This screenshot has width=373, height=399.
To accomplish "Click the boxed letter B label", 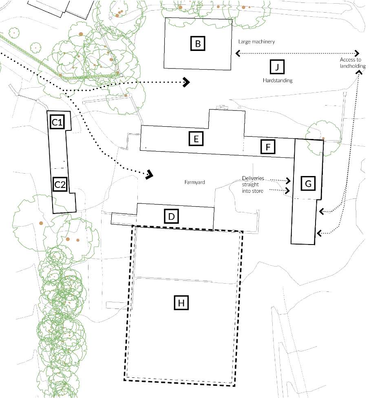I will point(198,44).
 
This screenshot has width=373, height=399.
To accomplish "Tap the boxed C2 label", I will point(60,184).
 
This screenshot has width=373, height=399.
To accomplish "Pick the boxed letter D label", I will point(172,216).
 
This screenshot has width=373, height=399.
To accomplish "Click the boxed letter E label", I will point(196,139).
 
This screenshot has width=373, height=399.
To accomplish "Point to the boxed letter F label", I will point(268,147).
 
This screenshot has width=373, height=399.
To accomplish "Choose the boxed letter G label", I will point(308,184).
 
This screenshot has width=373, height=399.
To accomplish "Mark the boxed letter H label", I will point(181,303).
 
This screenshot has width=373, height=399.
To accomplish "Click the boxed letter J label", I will point(277,66).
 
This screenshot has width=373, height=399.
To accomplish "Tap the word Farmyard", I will point(194,183).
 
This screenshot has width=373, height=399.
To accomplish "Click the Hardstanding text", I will point(278,81).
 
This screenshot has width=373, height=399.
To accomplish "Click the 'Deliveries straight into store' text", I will point(254,184).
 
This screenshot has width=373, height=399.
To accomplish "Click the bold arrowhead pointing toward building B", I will point(187,82).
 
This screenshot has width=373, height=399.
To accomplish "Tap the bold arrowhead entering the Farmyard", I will point(150,175).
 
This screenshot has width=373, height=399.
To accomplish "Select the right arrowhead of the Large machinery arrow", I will point(357,53).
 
